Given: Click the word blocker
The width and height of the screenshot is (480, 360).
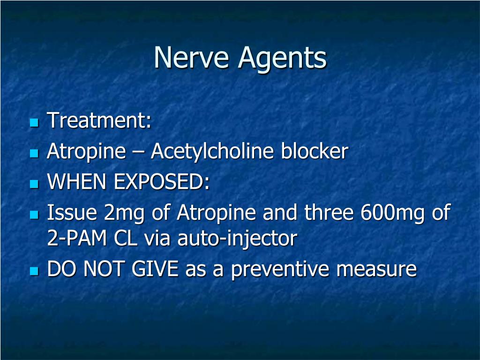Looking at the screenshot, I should point(315,151).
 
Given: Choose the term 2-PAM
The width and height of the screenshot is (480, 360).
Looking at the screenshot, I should point(77,239).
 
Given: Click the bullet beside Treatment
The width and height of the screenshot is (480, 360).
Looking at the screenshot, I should point(33,122).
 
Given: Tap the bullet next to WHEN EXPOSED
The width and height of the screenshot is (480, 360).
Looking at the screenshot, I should point(33,184).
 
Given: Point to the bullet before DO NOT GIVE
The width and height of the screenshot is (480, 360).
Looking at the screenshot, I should point(33,271).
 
